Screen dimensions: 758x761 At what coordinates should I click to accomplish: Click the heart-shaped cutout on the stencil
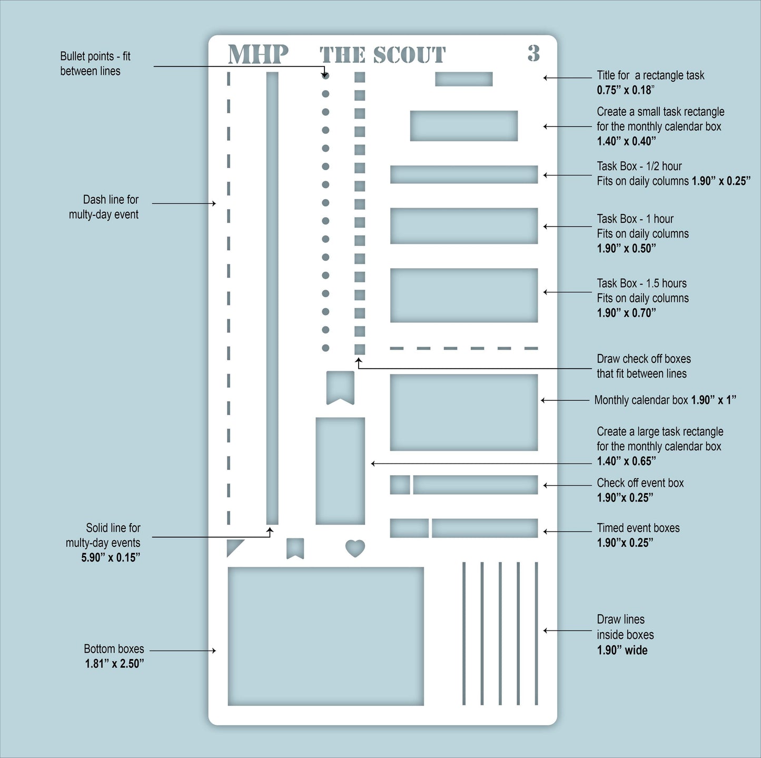click(355, 548)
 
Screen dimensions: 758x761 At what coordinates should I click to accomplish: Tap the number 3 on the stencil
click(533, 53)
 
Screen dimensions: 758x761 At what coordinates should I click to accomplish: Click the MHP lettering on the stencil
click(258, 54)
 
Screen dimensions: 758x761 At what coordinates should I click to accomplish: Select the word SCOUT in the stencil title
click(409, 55)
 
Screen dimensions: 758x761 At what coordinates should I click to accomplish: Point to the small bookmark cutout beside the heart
click(295, 548)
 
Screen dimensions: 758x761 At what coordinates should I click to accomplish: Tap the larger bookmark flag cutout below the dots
click(340, 387)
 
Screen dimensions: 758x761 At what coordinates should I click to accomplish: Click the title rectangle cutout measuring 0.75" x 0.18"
click(463, 79)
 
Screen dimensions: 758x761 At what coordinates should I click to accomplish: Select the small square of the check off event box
click(400, 485)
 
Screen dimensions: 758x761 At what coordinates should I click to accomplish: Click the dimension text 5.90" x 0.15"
click(111, 557)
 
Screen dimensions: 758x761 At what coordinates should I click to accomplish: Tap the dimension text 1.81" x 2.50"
click(114, 664)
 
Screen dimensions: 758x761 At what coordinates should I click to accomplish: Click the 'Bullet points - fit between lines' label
click(95, 63)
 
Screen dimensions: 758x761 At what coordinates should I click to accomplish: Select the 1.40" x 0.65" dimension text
click(626, 461)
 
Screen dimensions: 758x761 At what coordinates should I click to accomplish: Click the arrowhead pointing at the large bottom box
click(213, 651)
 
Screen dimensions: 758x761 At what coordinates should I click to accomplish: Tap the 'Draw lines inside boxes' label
click(625, 627)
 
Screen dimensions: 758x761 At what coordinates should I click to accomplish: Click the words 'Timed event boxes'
click(638, 528)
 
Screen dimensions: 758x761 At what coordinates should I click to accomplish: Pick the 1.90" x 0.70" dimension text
click(626, 312)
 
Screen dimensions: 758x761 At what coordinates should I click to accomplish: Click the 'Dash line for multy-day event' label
click(104, 207)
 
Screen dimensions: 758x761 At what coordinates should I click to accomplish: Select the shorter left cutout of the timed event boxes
click(409, 528)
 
